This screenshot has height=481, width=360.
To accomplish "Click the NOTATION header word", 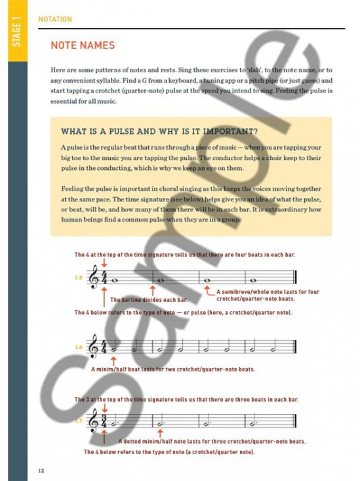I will pyautogui.click(x=55, y=19).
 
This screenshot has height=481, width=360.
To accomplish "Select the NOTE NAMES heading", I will pyautogui.click(x=83, y=45).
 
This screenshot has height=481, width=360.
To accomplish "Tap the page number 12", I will pyautogui.click(x=41, y=470).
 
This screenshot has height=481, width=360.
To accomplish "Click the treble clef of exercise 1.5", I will pyautogui.click(x=96, y=278).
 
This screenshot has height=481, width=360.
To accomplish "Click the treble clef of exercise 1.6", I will pyautogui.click(x=96, y=347).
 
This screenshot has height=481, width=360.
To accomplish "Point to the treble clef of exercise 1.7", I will pyautogui.click(x=96, y=419).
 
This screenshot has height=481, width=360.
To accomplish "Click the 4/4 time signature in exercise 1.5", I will pyautogui.click(x=105, y=278).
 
